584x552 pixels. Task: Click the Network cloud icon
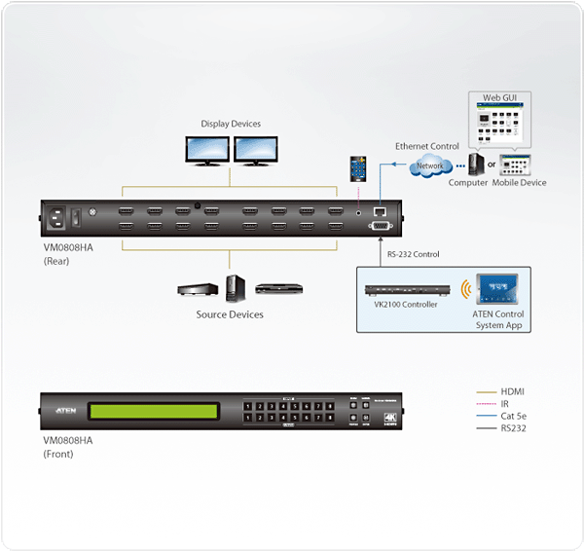tap(428, 166)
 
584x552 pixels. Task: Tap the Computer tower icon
tap(475, 164)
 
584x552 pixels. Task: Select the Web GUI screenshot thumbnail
tap(502, 125)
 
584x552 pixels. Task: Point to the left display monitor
tap(206, 149)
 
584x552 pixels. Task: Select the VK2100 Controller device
tap(407, 290)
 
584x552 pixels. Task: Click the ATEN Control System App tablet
tap(498, 290)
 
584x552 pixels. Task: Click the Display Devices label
tap(231, 124)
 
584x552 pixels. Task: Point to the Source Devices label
tap(230, 314)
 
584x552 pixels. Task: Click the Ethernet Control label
tap(426, 146)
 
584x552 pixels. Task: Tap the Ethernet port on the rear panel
tap(381, 210)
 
